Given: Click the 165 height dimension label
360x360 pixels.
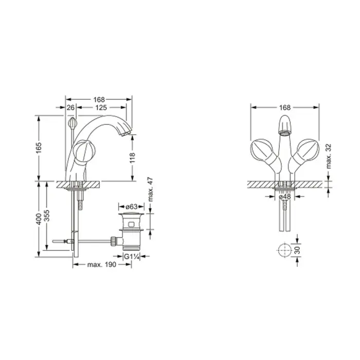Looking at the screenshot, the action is click(39, 148).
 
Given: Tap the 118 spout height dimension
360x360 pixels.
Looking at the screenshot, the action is click(133, 158).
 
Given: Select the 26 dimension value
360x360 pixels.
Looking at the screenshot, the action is click(71, 107).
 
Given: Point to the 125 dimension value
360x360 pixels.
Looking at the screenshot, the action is click(101, 107).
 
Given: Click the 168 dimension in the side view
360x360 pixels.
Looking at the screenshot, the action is click(99, 99).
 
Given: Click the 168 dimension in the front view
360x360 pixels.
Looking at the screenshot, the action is click(285, 107).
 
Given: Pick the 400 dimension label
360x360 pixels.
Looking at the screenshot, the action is click(39, 219).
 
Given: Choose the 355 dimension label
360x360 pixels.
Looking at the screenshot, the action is click(47, 215).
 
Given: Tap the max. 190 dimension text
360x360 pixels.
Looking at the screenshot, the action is click(102, 264).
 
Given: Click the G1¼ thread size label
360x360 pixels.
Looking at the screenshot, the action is click(132, 257).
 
